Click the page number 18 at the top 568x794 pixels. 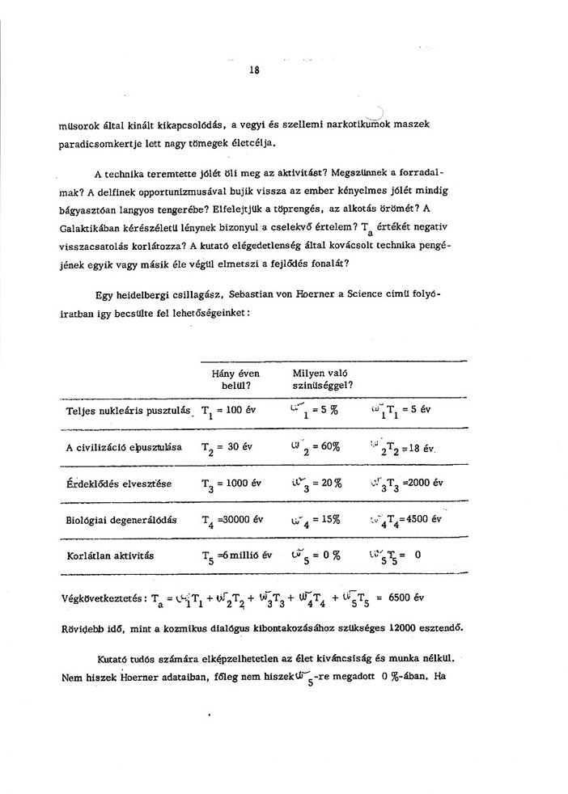(254, 70)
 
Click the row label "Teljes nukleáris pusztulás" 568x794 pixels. (128, 411)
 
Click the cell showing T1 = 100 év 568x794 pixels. (229, 411)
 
